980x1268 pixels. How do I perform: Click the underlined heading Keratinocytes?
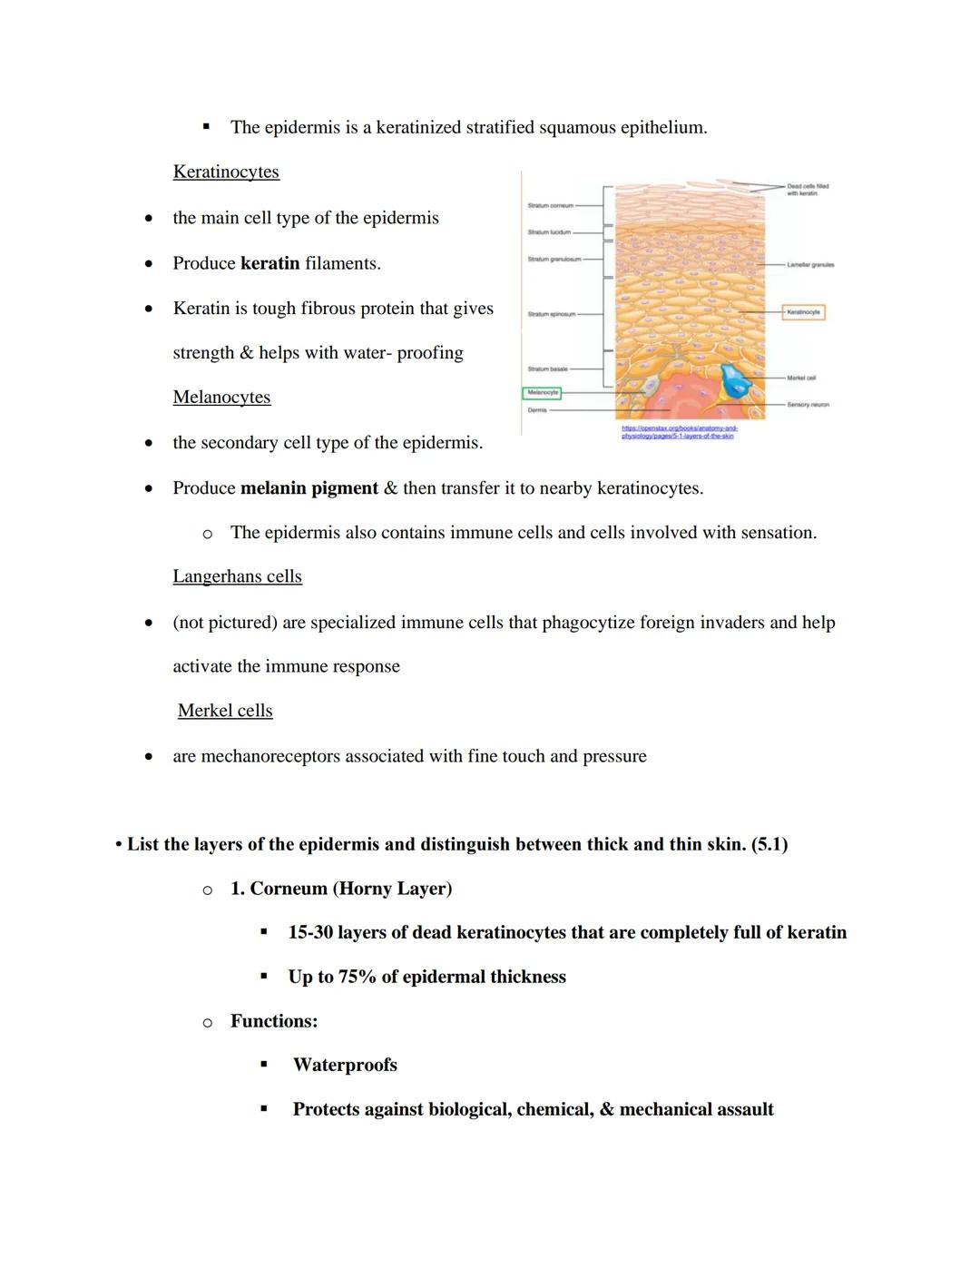pyautogui.click(x=226, y=172)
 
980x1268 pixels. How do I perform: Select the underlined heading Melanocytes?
pyautogui.click(x=221, y=397)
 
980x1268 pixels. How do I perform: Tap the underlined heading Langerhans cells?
pyautogui.click(x=237, y=576)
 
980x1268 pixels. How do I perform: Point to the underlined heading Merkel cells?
pyautogui.click(x=225, y=711)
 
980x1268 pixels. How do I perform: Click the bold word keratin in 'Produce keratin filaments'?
pyautogui.click(x=269, y=263)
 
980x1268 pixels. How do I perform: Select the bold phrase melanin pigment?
pyautogui.click(x=309, y=488)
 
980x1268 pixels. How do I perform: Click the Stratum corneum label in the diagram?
pyautogui.click(x=550, y=206)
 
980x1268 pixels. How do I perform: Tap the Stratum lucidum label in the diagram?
pyautogui.click(x=549, y=232)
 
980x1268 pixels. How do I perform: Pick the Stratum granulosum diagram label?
pyautogui.click(x=554, y=260)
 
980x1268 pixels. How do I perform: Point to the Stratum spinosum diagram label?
pyautogui.click(x=551, y=314)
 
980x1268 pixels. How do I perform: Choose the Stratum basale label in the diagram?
pyautogui.click(x=547, y=369)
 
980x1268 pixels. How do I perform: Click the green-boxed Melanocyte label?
pyautogui.click(x=542, y=393)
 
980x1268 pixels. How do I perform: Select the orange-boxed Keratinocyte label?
pyautogui.click(x=803, y=312)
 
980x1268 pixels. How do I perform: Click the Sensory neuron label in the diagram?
pyautogui.click(x=808, y=405)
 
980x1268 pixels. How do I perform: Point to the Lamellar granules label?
pyautogui.click(x=809, y=265)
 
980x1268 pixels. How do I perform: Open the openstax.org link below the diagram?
pyautogui.click(x=679, y=432)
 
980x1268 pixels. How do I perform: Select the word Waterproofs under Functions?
pyautogui.click(x=345, y=1065)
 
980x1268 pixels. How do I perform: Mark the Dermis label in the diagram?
pyautogui.click(x=537, y=410)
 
